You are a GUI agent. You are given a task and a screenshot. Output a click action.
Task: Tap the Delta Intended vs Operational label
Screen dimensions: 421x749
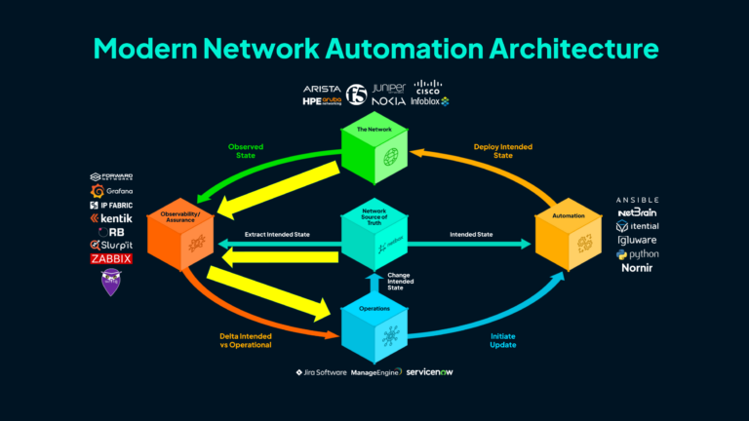pyautogui.click(x=246, y=340)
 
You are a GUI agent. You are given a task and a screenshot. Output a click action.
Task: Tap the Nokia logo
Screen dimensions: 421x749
pyautogui.click(x=388, y=101)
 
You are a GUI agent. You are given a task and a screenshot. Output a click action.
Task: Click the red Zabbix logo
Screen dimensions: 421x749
pyautogui.click(x=110, y=259)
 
